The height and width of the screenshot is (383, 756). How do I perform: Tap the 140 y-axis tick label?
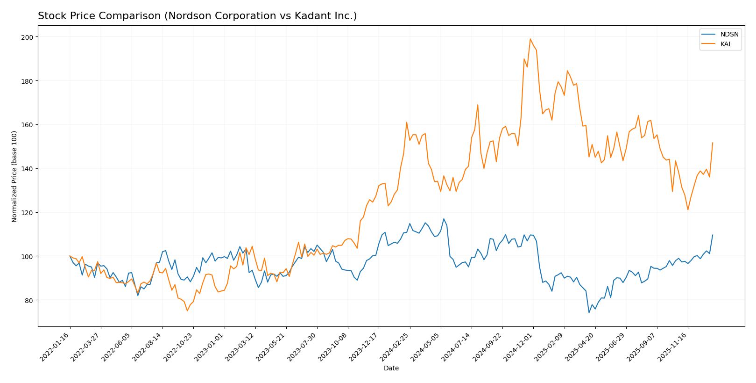point(29,169)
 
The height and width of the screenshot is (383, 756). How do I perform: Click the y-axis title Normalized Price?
point(14,176)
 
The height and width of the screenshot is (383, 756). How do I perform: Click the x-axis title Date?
point(391,369)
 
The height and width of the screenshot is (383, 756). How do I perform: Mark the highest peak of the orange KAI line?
point(530,39)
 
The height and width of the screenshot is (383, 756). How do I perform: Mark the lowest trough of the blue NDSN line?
point(589,312)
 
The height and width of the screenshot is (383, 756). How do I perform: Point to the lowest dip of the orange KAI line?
point(187,311)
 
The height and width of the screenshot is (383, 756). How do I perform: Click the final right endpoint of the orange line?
point(713,143)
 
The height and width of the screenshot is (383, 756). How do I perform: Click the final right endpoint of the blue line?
point(713,235)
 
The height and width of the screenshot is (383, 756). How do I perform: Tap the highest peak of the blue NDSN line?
point(444,219)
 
